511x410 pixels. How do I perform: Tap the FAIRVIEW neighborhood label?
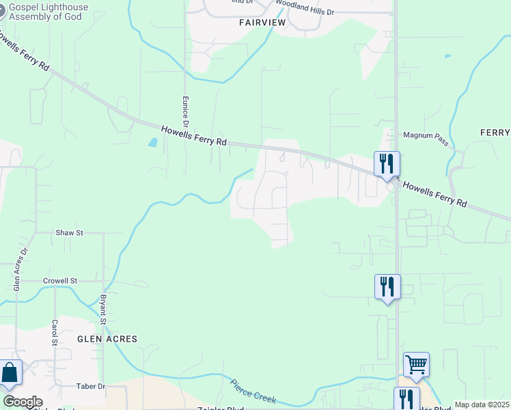click(x=263, y=22)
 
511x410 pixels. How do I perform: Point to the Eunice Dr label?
click(x=184, y=110)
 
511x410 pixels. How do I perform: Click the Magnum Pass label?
click(x=425, y=135)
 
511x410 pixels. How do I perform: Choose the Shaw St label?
click(x=69, y=233)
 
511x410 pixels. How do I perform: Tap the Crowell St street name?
click(x=60, y=281)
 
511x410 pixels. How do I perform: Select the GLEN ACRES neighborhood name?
click(x=107, y=339)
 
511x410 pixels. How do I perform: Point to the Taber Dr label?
click(x=91, y=386)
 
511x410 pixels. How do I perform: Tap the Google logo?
click(x=23, y=402)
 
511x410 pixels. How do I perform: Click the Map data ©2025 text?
click(x=482, y=405)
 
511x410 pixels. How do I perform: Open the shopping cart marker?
click(x=416, y=364)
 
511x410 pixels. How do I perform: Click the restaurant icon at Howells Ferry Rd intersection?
click(x=387, y=164)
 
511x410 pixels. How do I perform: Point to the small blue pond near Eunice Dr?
click(x=152, y=143)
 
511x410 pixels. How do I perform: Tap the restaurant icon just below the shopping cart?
click(x=406, y=398)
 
